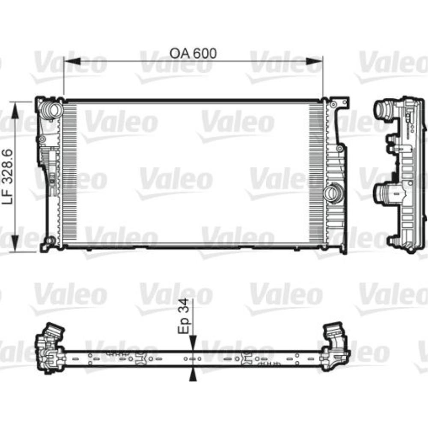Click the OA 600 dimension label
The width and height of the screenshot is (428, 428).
coord(193,53)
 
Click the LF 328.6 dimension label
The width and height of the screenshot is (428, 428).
coord(7,176)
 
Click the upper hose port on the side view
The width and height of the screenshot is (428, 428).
coord(383,110)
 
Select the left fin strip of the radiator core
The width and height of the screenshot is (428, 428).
coord(70,174)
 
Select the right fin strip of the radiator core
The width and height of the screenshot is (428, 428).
coord(317,174)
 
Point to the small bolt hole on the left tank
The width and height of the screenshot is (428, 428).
coord(42,139)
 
